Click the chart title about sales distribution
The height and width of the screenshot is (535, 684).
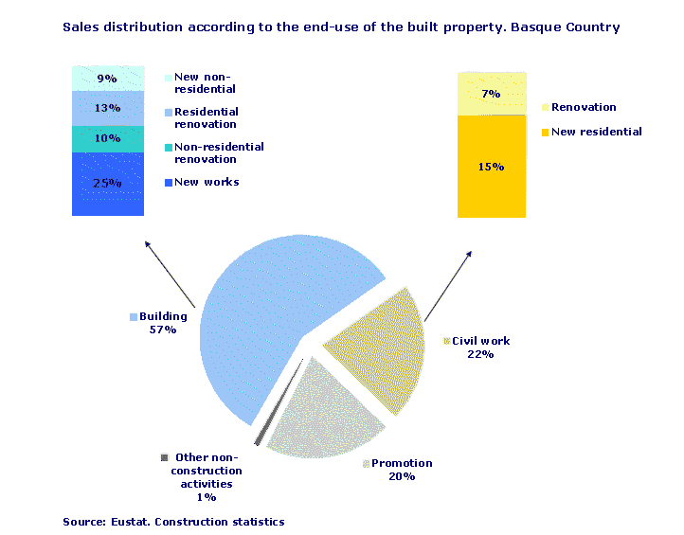[341, 27]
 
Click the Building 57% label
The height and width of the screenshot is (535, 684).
[163, 323]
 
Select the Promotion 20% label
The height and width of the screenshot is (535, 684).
[402, 470]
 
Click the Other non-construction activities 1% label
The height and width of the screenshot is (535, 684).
[207, 476]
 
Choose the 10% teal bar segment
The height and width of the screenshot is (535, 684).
[107, 139]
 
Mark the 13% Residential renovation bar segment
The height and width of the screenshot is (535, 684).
[107, 109]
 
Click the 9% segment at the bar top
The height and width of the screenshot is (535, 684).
[107, 79]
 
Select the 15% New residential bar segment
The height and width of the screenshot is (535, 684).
[491, 167]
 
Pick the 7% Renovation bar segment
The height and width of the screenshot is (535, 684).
[491, 94]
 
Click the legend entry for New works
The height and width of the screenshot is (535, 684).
[207, 182]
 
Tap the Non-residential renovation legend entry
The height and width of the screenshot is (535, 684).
[218, 152]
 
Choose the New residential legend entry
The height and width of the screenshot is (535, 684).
[596, 132]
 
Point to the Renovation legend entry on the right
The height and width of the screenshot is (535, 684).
[583, 107]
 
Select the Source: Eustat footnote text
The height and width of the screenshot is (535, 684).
[173, 522]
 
